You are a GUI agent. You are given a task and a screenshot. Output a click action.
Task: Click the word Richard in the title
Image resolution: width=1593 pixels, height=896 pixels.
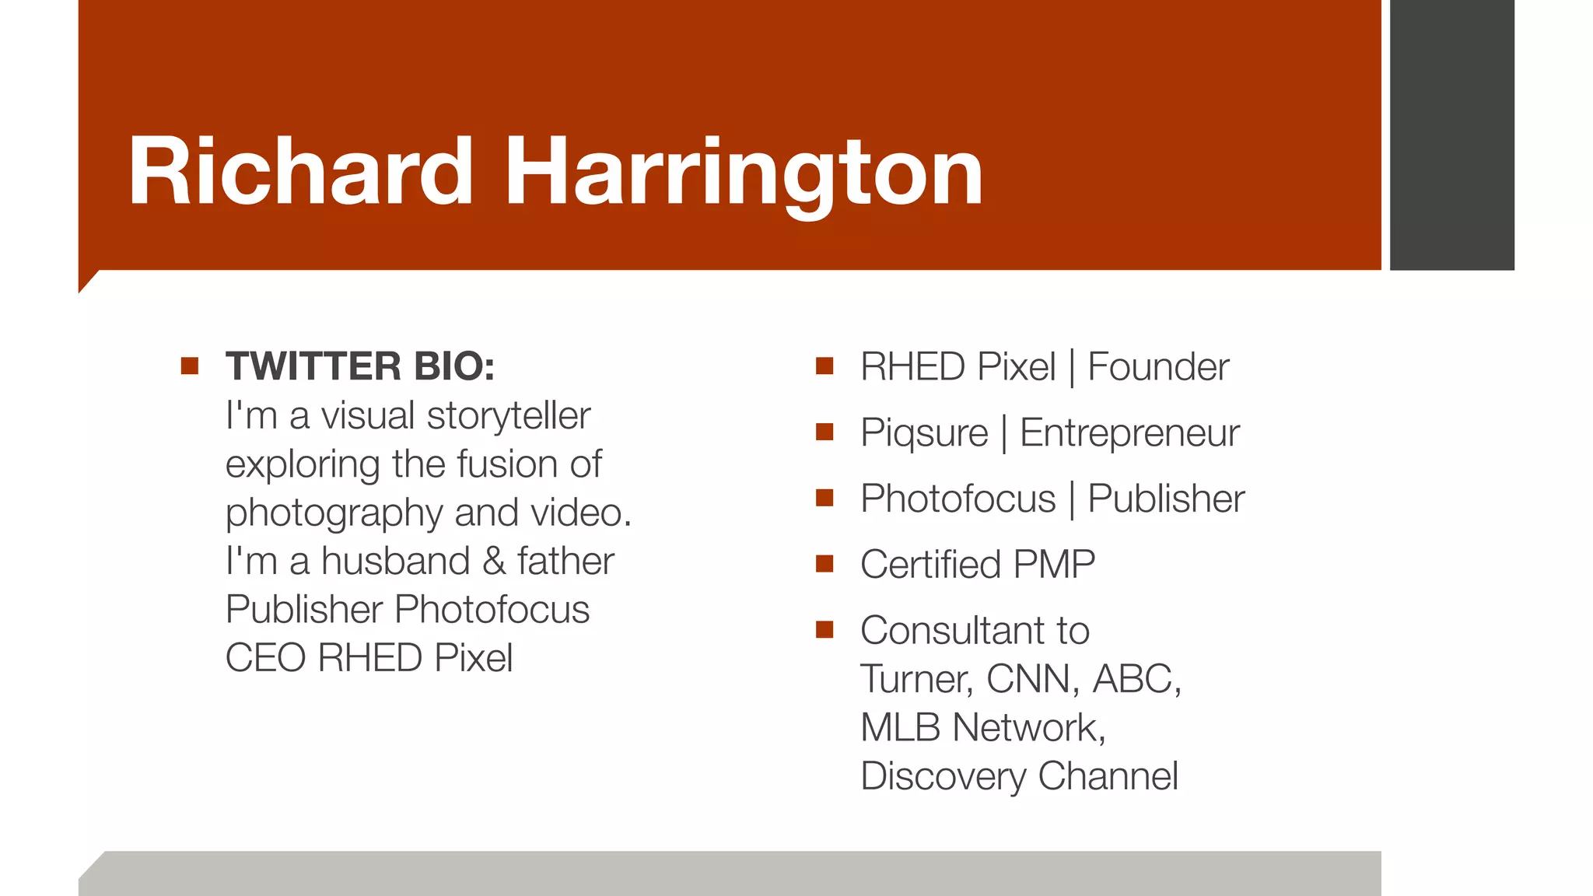tap(300, 172)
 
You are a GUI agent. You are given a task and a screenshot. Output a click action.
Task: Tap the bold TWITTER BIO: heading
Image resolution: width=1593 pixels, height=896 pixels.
tap(360, 366)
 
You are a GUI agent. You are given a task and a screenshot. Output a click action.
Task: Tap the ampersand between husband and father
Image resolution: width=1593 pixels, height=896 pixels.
tap(493, 562)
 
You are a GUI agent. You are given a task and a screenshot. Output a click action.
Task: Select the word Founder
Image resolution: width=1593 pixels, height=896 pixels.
tap(1157, 367)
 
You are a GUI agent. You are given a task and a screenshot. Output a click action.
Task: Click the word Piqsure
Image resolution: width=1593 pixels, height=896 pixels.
tap(924, 433)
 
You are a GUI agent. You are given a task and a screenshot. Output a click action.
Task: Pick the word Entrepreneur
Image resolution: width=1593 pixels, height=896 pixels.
tap(1129, 433)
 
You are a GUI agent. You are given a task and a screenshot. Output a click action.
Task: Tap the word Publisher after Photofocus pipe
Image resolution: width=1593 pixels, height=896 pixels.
tap(1165, 499)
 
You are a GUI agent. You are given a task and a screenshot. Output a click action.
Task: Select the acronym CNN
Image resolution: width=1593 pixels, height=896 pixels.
tap(1032, 679)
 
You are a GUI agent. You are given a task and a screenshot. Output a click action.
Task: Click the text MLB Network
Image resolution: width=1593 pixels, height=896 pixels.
tap(982, 728)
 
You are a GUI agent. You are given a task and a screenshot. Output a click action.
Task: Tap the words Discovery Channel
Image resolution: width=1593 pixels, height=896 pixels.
tap(1019, 776)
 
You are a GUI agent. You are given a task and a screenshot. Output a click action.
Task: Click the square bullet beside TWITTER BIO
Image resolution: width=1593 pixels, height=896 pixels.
tap(190, 366)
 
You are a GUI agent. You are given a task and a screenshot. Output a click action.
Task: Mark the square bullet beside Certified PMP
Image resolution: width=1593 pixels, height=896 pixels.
tap(825, 563)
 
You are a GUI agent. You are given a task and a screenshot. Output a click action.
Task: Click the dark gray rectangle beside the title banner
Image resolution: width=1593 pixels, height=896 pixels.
tap(1451, 135)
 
